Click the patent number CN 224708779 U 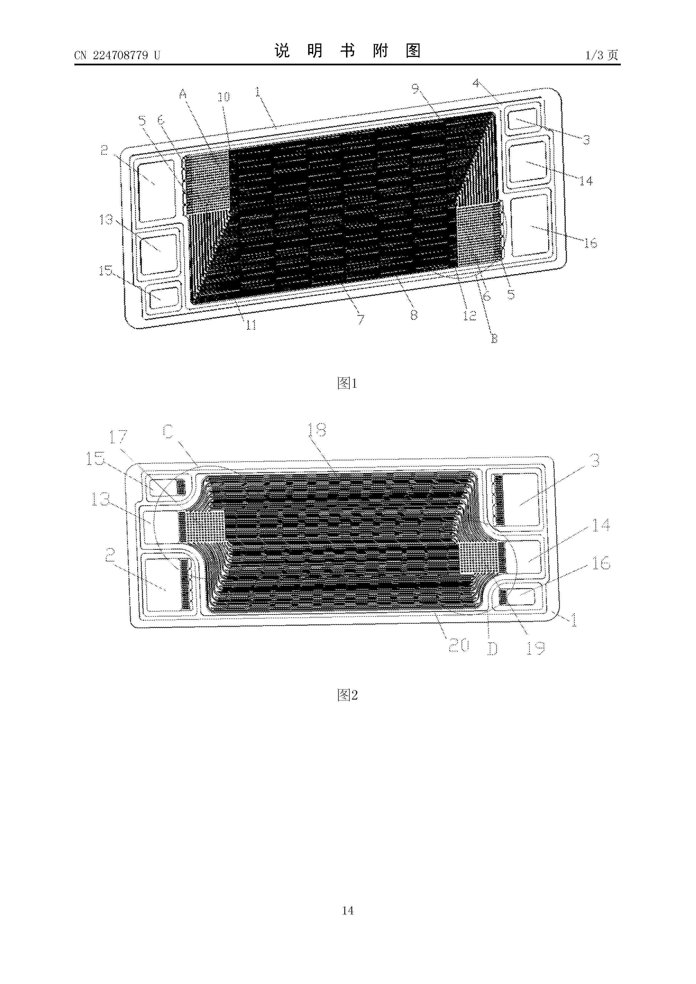[117, 55]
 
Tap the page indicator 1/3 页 [602, 55]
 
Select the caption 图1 [347, 383]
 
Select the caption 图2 [347, 695]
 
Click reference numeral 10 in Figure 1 [223, 97]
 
